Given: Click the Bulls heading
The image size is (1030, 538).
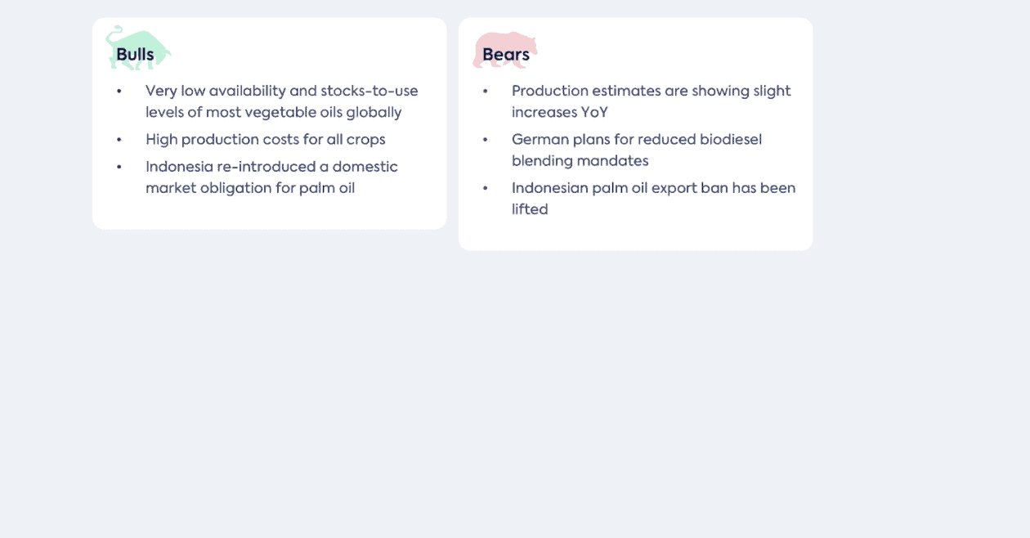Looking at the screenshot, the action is [x=135, y=54].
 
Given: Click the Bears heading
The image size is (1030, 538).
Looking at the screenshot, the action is [x=506, y=54].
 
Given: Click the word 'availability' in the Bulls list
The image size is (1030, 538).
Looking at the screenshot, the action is [x=248, y=91].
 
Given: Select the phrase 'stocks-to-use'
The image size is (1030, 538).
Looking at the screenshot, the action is [x=369, y=91].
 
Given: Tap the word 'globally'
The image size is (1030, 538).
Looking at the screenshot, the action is [x=374, y=113].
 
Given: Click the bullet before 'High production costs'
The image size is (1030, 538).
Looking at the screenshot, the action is [x=119, y=140].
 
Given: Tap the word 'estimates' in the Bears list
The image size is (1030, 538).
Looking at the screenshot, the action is [x=626, y=91].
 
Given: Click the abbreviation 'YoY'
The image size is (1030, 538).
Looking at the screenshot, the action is [x=594, y=113].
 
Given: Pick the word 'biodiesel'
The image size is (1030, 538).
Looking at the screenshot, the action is [x=731, y=139].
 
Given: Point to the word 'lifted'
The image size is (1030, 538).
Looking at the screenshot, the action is [x=530, y=209].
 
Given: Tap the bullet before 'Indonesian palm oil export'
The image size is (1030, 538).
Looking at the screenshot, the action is [x=485, y=188].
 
